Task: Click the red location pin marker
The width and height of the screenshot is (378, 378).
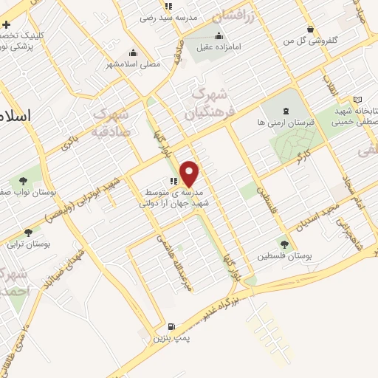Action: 190,173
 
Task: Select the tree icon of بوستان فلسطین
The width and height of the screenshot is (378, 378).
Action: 283,242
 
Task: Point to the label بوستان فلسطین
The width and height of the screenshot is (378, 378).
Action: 286,255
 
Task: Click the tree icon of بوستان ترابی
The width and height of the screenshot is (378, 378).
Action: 29,233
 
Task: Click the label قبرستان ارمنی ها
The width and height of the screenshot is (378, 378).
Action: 286,123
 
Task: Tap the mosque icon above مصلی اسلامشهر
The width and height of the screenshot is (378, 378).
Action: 133,52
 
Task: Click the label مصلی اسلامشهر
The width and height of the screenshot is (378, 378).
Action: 134,65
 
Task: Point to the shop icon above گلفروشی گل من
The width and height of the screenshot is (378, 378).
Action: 311,29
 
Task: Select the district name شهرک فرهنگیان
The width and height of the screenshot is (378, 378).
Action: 210,105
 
